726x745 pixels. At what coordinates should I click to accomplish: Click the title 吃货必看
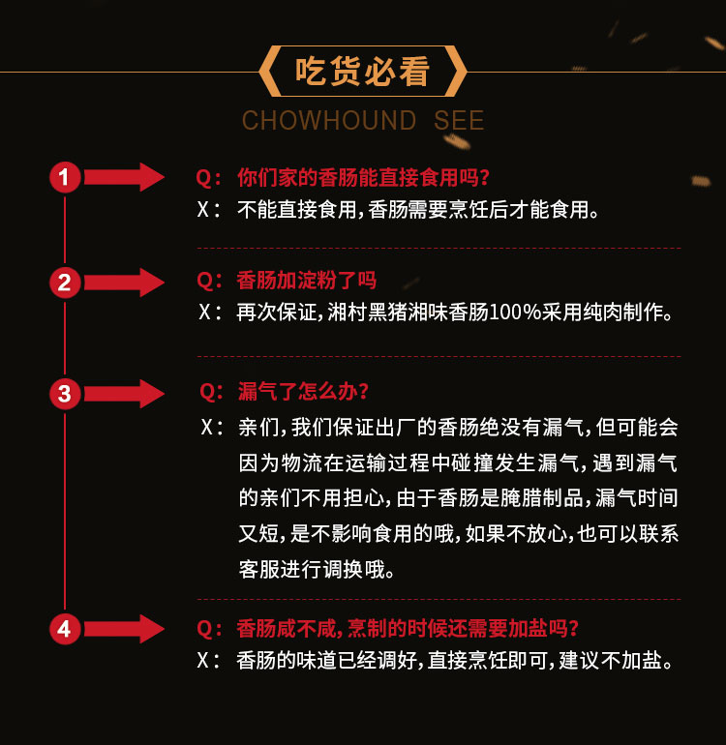coord(362,73)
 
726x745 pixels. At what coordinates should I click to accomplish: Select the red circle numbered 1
coord(65,177)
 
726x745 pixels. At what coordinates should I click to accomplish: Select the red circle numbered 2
coord(65,283)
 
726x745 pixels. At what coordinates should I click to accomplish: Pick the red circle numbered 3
coord(65,394)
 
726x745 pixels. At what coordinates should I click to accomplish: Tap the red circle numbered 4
coord(65,629)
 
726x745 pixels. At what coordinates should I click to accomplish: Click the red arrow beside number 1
coord(125,177)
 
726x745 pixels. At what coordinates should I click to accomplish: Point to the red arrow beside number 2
coord(125,283)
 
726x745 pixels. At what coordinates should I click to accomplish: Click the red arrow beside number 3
coord(125,394)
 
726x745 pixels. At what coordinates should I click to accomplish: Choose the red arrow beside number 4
coord(125,629)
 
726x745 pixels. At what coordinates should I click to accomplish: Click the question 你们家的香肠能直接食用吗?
coord(363,178)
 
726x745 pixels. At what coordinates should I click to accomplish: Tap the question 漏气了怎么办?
coord(303,392)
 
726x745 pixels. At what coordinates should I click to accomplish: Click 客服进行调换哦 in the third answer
coord(317,568)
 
